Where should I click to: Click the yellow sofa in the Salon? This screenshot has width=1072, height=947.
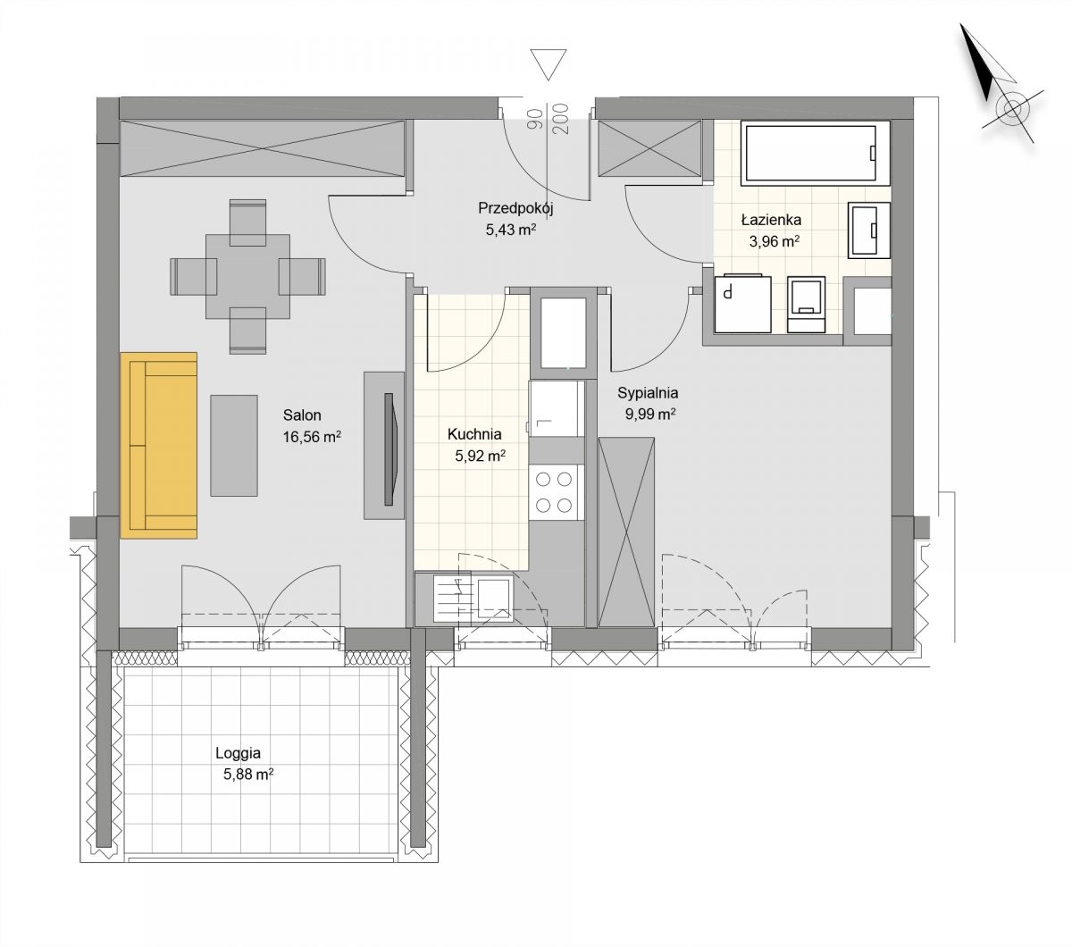[x=159, y=445]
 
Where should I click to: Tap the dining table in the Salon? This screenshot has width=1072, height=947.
[x=247, y=276]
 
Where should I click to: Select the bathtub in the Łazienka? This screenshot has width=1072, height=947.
[x=816, y=153]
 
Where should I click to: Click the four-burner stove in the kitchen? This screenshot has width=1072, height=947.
[x=554, y=492]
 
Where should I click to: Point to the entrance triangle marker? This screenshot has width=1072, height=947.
[x=549, y=64]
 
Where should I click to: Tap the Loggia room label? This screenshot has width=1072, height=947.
[x=238, y=753]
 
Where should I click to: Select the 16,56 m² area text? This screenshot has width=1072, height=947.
[x=312, y=437]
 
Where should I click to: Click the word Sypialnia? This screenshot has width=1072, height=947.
[x=648, y=393]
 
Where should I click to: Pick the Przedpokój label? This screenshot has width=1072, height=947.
[x=515, y=208]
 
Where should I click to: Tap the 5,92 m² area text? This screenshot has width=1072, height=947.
[x=480, y=456]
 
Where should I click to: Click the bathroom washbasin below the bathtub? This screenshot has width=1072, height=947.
[x=869, y=230]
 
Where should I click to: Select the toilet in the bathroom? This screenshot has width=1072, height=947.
[x=807, y=305]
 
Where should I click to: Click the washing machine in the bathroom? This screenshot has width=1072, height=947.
[x=742, y=304]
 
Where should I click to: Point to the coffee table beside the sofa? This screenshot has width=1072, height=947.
[x=234, y=445]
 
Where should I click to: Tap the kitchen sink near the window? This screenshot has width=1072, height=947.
[x=495, y=598]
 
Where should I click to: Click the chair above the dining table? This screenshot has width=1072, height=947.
[x=247, y=222]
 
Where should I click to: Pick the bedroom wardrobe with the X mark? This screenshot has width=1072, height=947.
[x=626, y=532]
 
